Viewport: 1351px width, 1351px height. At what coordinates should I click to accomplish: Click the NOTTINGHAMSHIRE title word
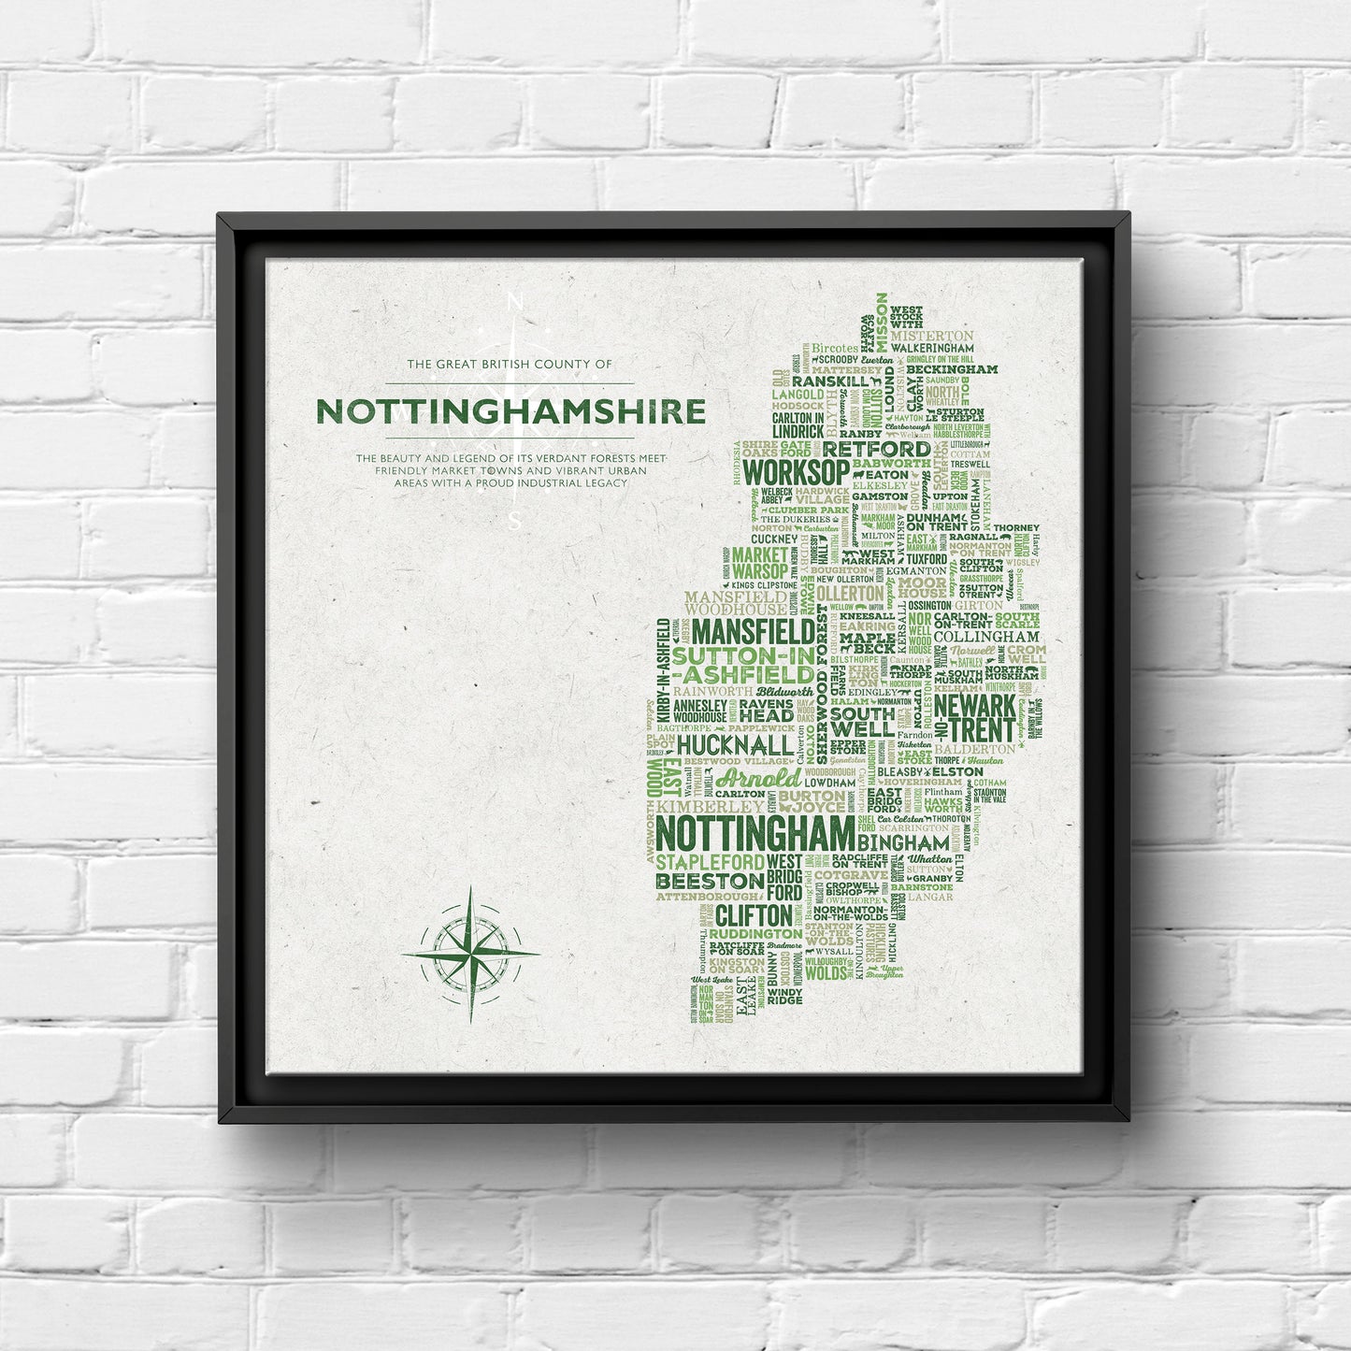click(510, 411)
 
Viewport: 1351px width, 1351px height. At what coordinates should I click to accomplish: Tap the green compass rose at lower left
click(470, 955)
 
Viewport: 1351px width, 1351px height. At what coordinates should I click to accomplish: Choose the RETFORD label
click(875, 449)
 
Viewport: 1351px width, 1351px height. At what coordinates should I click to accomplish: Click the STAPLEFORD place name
click(709, 861)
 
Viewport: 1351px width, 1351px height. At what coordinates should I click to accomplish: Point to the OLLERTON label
click(849, 594)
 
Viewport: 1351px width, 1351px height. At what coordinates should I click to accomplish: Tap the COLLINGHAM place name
click(979, 637)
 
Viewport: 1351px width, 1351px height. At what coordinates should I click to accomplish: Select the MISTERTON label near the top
click(931, 336)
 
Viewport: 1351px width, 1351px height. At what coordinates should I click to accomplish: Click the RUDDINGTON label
click(755, 934)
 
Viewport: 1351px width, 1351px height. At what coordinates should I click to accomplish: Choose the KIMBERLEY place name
click(710, 806)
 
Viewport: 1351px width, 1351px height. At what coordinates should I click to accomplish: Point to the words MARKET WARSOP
click(760, 562)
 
